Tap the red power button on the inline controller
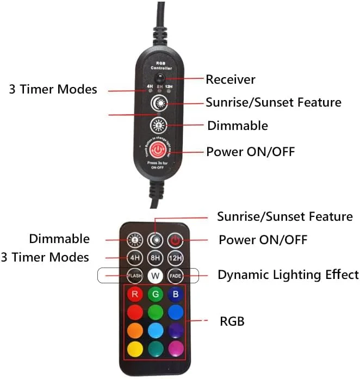click(157, 150)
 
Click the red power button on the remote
click(175, 240)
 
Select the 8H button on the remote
click(156, 257)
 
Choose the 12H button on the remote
click(175, 257)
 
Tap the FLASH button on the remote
click(135, 276)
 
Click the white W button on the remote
click(156, 276)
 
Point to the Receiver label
click(230, 79)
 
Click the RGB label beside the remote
click(232, 321)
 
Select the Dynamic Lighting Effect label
click(288, 275)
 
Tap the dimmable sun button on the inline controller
click(158, 126)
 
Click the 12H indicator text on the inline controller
click(169, 86)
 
